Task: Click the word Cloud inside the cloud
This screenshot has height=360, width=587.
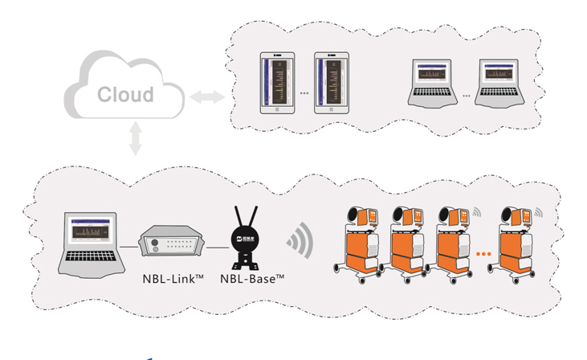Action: (x=125, y=95)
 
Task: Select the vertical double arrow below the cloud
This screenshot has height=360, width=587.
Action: (x=135, y=137)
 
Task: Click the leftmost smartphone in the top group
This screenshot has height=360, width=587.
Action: (x=277, y=83)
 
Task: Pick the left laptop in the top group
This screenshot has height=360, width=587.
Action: (x=434, y=83)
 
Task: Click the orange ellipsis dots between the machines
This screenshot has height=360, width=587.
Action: (x=483, y=254)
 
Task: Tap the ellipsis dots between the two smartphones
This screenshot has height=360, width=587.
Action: (x=305, y=94)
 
